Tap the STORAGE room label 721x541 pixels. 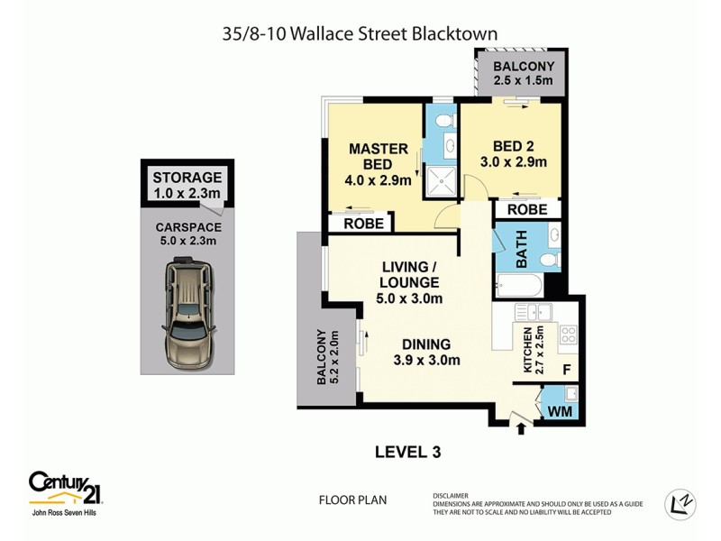tap(187, 177)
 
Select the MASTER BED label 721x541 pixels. tap(378, 156)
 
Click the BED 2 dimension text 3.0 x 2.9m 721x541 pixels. tap(514, 162)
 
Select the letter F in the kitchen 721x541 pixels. tap(566, 370)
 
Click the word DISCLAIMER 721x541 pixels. tap(450, 494)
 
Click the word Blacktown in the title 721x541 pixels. tap(452, 33)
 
